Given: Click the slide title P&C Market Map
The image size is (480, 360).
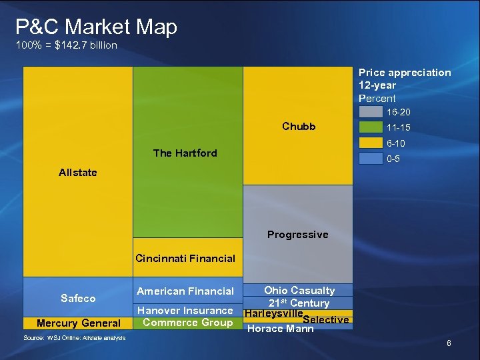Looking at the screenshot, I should click(96, 27).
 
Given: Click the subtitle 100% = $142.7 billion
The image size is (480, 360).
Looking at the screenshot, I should click(66, 45).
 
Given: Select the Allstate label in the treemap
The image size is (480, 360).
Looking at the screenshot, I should click(77, 173).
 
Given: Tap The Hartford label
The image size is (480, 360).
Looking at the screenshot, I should click(185, 153).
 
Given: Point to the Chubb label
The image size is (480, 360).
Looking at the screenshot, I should click(299, 127).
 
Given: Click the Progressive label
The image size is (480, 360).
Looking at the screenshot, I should click(297, 235).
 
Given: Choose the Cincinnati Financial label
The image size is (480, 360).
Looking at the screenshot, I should click(185, 259).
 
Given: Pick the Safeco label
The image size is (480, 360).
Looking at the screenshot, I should click(78, 299).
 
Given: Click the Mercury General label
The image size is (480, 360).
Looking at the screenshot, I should click(78, 323).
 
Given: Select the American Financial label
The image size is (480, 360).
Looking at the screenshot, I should click(185, 291).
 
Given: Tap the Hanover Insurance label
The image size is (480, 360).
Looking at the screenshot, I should click(185, 311).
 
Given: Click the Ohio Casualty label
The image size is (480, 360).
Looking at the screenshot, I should click(299, 290).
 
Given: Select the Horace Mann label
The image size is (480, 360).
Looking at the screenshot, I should click(280, 328).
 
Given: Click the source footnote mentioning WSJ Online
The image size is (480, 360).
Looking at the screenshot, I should click(74, 338).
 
